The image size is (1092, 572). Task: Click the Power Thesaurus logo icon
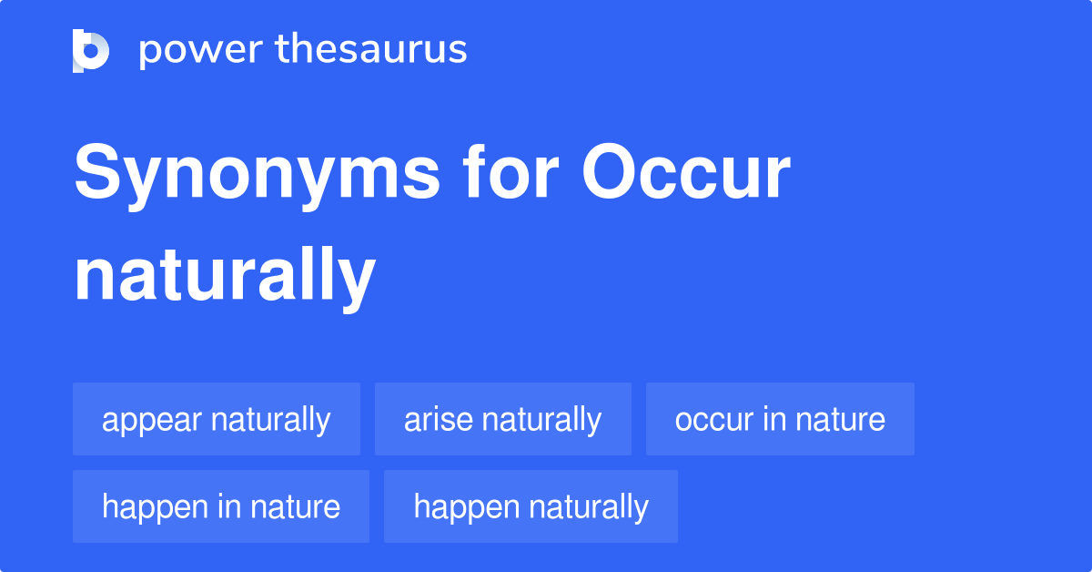pyautogui.click(x=91, y=50)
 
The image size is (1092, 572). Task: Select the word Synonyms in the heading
pyautogui.click(x=257, y=176)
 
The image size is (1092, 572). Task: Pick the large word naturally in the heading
pyautogui.click(x=225, y=277)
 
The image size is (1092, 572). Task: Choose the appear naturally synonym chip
pyautogui.click(x=217, y=419)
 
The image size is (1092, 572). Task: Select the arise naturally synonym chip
pyautogui.click(x=502, y=419)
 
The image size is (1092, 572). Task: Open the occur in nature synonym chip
pyautogui.click(x=780, y=419)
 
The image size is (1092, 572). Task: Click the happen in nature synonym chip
pyautogui.click(x=221, y=506)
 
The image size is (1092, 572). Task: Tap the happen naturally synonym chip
pyautogui.click(x=531, y=506)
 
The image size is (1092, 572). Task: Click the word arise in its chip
pyautogui.click(x=438, y=419)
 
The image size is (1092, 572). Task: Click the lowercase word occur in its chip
pyautogui.click(x=714, y=419)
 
